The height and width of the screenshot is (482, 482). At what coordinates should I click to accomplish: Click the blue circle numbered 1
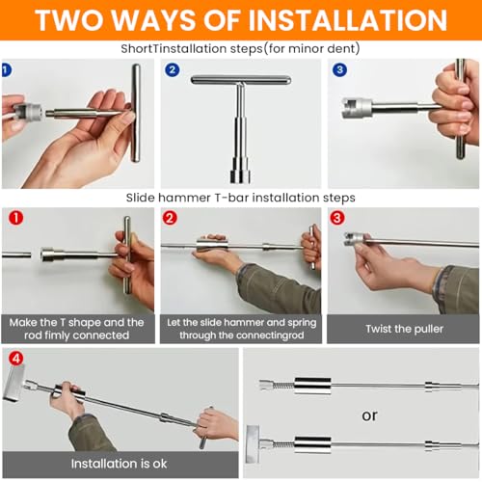pyautogui.click(x=7, y=70)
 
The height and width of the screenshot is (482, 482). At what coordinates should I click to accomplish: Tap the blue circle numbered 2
pyautogui.click(x=173, y=70)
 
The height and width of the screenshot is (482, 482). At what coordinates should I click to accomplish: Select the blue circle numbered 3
pyautogui.click(x=339, y=70)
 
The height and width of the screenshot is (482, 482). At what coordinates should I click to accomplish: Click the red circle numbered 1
pyautogui.click(x=16, y=218)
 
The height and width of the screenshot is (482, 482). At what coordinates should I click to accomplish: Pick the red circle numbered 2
pyautogui.click(x=170, y=218)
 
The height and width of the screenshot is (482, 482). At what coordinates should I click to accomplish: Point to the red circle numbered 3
pyautogui.click(x=337, y=218)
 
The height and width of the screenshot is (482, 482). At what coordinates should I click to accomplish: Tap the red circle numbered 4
pyautogui.click(x=16, y=358)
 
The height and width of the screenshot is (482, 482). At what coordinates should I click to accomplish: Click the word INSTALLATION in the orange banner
pyautogui.click(x=348, y=20)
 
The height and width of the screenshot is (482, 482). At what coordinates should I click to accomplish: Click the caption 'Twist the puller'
pyautogui.click(x=404, y=329)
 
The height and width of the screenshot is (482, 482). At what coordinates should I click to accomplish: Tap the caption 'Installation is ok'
pyautogui.click(x=120, y=464)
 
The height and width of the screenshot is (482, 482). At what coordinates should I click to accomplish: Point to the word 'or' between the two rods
pyautogui.click(x=369, y=415)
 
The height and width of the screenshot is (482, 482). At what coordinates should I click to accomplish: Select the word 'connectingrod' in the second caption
pyautogui.click(x=273, y=335)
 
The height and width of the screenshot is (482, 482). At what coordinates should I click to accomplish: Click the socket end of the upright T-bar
pyautogui.click(x=240, y=171)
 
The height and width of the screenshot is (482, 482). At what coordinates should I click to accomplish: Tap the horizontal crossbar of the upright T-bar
pyautogui.click(x=241, y=80)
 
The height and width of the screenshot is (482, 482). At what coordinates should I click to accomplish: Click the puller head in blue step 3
pyautogui.click(x=357, y=108)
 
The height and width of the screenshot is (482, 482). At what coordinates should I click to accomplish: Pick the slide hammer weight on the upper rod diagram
pyautogui.click(x=312, y=387)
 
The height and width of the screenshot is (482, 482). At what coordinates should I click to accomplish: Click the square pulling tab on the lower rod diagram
pyautogui.click(x=253, y=444)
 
